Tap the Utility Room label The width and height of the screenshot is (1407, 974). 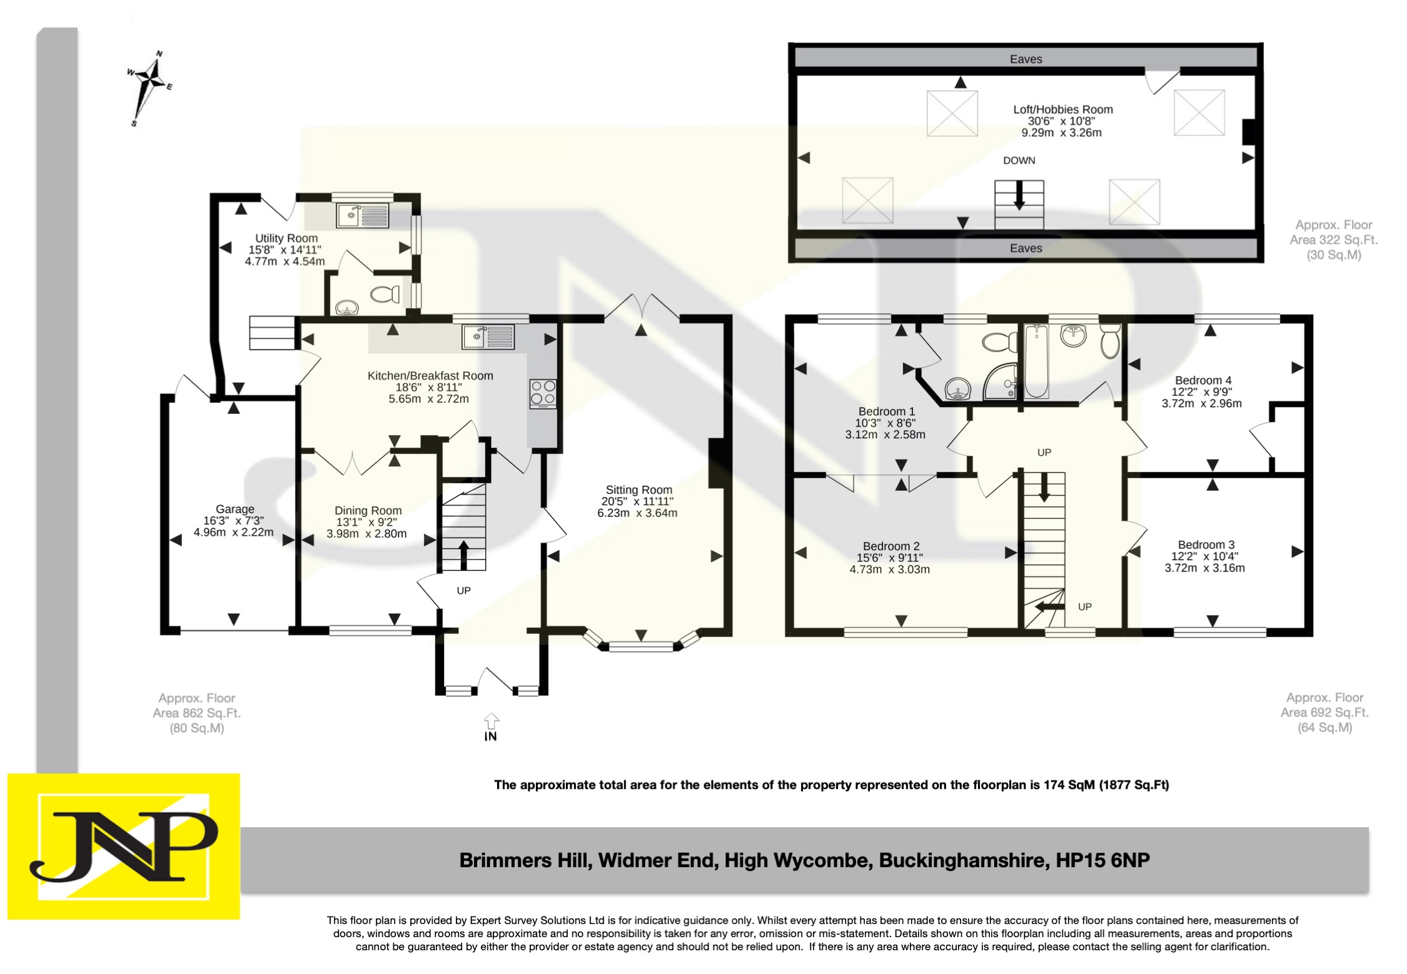(x=286, y=238)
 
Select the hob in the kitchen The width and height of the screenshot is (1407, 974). (x=543, y=393)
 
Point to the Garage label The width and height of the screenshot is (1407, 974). (x=235, y=510)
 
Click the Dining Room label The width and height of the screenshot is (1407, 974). (x=368, y=511)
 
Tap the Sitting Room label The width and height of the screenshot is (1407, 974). (x=638, y=490)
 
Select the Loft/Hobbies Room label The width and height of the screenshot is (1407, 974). (x=1063, y=109)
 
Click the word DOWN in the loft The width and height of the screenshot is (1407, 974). (x=1019, y=161)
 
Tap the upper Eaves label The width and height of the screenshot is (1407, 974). (x=1026, y=59)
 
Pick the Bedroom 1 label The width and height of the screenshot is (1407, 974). (x=886, y=411)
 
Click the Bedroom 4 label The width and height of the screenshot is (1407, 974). (x=1203, y=380)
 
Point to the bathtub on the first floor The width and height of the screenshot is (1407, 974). (x=1036, y=361)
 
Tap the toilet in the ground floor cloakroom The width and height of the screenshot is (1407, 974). (x=385, y=293)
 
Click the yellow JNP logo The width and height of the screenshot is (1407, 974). (x=124, y=846)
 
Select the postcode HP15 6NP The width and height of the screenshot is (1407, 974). (x=1102, y=860)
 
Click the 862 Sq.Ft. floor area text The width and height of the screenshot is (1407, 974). (x=197, y=713)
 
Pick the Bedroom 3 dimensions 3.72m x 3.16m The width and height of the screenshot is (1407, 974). (x=1204, y=568)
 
